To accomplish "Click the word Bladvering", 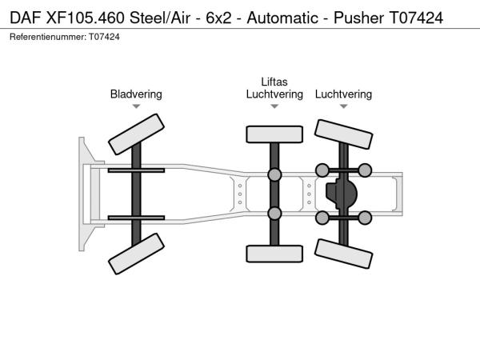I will [136, 94].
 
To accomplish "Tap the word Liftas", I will [274, 82].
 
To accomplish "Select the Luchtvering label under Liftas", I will [274, 94].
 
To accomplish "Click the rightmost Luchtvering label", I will [343, 94].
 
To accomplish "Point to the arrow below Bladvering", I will [136, 106].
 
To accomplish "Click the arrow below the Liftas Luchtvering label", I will [274, 106].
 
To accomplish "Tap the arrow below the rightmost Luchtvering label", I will [343, 106].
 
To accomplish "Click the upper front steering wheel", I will [136, 134].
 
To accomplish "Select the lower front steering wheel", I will [136, 254].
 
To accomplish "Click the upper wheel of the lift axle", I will [274, 134].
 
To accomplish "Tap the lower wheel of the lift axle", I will [274, 254].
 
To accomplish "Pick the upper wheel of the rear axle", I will [344, 133].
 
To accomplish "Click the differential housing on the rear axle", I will [342, 193].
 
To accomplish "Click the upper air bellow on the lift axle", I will [274, 175].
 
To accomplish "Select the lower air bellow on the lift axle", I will [274, 213].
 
